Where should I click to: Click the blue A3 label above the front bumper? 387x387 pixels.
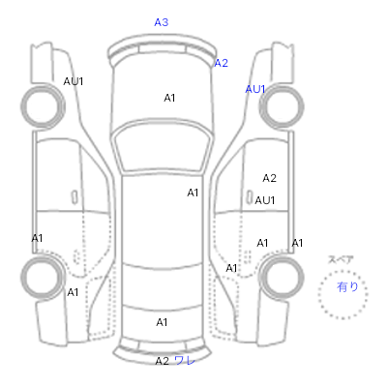[162, 22]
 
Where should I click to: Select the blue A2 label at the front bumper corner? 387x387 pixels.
[222, 63]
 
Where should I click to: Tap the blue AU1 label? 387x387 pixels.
[255, 89]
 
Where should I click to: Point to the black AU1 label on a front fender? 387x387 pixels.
[74, 81]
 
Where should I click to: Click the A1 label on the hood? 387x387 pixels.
[169, 98]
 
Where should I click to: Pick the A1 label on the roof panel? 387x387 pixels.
[193, 193]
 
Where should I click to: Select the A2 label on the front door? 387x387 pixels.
[270, 178]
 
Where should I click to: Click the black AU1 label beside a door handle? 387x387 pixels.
[265, 200]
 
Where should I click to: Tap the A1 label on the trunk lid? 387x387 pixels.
[162, 322]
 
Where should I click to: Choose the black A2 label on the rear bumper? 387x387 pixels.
[163, 361]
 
